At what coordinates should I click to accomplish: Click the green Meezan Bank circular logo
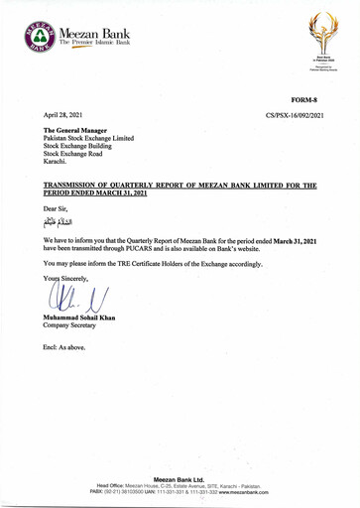(41, 38)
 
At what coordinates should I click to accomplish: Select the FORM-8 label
(304, 101)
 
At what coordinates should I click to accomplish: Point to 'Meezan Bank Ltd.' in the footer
(179, 479)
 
